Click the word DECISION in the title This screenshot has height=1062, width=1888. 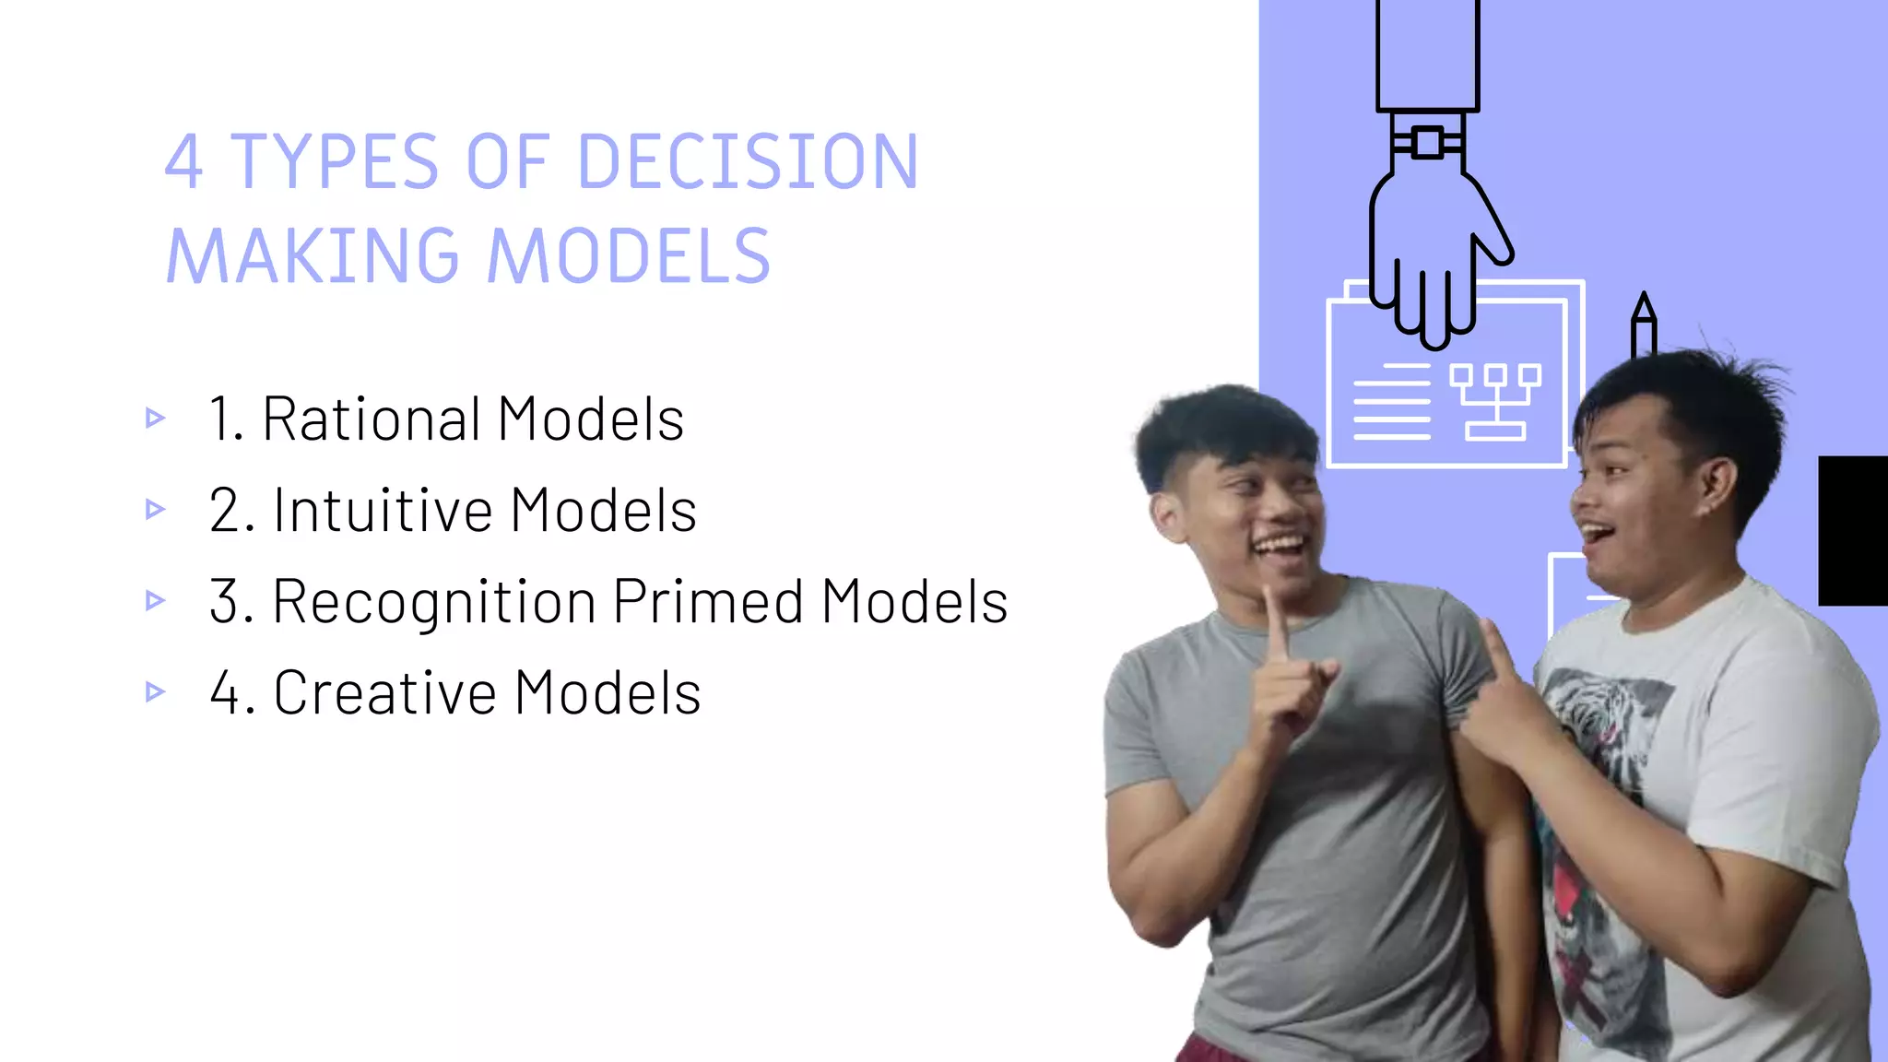point(748,162)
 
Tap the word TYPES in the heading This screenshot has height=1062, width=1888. point(335,162)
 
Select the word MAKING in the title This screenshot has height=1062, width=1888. point(313,256)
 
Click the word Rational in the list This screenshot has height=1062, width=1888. point(372,419)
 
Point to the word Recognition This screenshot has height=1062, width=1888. point(434,602)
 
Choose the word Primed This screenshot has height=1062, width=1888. point(708,602)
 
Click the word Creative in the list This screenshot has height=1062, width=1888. point(385,693)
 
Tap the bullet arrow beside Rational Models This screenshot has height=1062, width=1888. point(155,419)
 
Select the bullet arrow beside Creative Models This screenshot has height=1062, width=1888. point(155,691)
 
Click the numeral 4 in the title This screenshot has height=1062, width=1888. point(183,162)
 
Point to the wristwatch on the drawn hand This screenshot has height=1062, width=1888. point(1427,143)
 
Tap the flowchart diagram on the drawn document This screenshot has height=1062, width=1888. point(1495,401)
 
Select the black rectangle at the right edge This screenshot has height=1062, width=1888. point(1853,530)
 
